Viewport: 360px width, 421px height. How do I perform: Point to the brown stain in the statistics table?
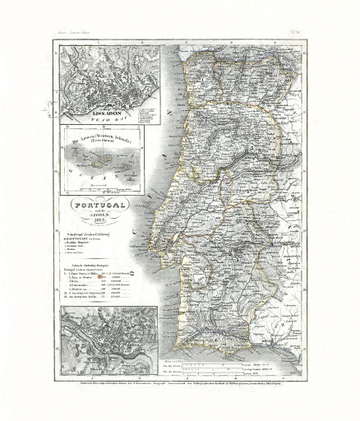[100, 278]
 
